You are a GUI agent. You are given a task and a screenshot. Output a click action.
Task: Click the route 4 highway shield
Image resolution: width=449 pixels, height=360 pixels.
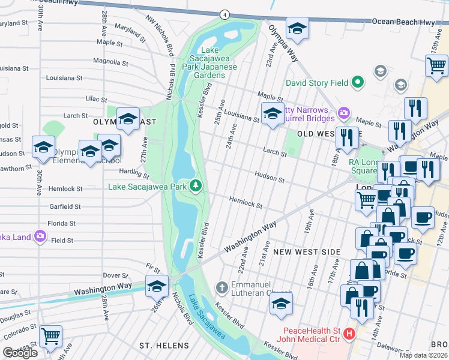click(x=224, y=14)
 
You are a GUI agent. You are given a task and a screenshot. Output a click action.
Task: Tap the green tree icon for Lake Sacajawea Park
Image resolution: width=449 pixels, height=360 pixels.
click(x=196, y=186)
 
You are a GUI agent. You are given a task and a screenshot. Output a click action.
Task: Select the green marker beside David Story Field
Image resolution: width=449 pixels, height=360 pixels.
click(x=358, y=82)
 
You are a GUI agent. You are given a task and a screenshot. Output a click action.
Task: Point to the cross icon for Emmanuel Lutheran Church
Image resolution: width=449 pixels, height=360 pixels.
click(x=221, y=287)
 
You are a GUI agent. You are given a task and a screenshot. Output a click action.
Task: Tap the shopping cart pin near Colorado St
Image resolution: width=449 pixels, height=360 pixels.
click(x=50, y=335)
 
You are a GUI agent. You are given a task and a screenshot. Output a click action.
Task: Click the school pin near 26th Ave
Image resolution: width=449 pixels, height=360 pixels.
click(x=157, y=286)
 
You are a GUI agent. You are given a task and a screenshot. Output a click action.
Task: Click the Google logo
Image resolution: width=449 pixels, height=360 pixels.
click(x=20, y=352)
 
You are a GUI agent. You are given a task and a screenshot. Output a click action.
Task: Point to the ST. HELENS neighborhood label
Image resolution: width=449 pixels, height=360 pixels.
click(x=164, y=346)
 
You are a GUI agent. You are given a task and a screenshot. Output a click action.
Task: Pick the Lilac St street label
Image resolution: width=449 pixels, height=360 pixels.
click(x=95, y=100)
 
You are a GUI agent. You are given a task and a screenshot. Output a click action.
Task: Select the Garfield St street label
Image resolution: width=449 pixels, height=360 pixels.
click(x=65, y=206)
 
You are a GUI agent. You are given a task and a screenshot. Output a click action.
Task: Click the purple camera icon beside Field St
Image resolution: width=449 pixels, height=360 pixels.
click(x=40, y=237)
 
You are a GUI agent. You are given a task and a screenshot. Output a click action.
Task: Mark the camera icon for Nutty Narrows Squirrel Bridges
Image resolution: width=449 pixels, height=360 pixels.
click(x=343, y=112)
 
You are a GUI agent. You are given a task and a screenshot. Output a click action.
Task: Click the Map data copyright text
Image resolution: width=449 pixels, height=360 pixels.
click(x=424, y=355)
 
